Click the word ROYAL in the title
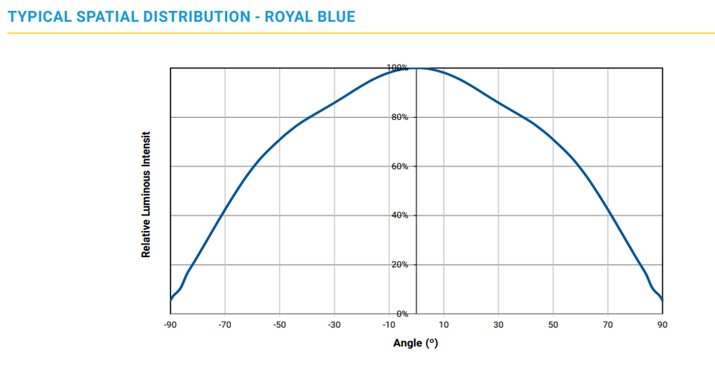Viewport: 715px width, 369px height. [x=293, y=16]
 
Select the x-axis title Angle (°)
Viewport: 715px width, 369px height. [x=416, y=343]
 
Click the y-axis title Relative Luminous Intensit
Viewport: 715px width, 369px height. [x=147, y=195]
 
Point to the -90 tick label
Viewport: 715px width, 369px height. [x=170, y=325]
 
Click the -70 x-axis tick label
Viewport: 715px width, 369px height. [x=224, y=325]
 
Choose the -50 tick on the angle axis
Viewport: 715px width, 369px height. [x=279, y=325]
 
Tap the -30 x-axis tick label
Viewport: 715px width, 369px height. [x=334, y=325]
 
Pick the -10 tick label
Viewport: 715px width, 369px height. [x=388, y=325]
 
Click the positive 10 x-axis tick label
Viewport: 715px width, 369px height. [x=444, y=325]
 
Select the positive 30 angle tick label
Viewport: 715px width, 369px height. [x=498, y=325]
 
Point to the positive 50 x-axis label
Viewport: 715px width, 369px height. [x=553, y=325]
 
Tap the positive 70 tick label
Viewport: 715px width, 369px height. [x=608, y=325]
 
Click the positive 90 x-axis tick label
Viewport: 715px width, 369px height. [x=662, y=325]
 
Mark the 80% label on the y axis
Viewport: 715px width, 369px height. [x=399, y=117]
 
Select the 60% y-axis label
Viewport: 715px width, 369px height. [x=399, y=166]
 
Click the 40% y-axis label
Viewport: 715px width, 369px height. [x=399, y=215]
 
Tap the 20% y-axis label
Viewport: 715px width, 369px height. [x=399, y=265]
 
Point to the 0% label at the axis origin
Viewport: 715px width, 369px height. [x=401, y=314]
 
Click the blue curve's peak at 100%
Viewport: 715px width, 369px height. [x=416, y=68]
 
